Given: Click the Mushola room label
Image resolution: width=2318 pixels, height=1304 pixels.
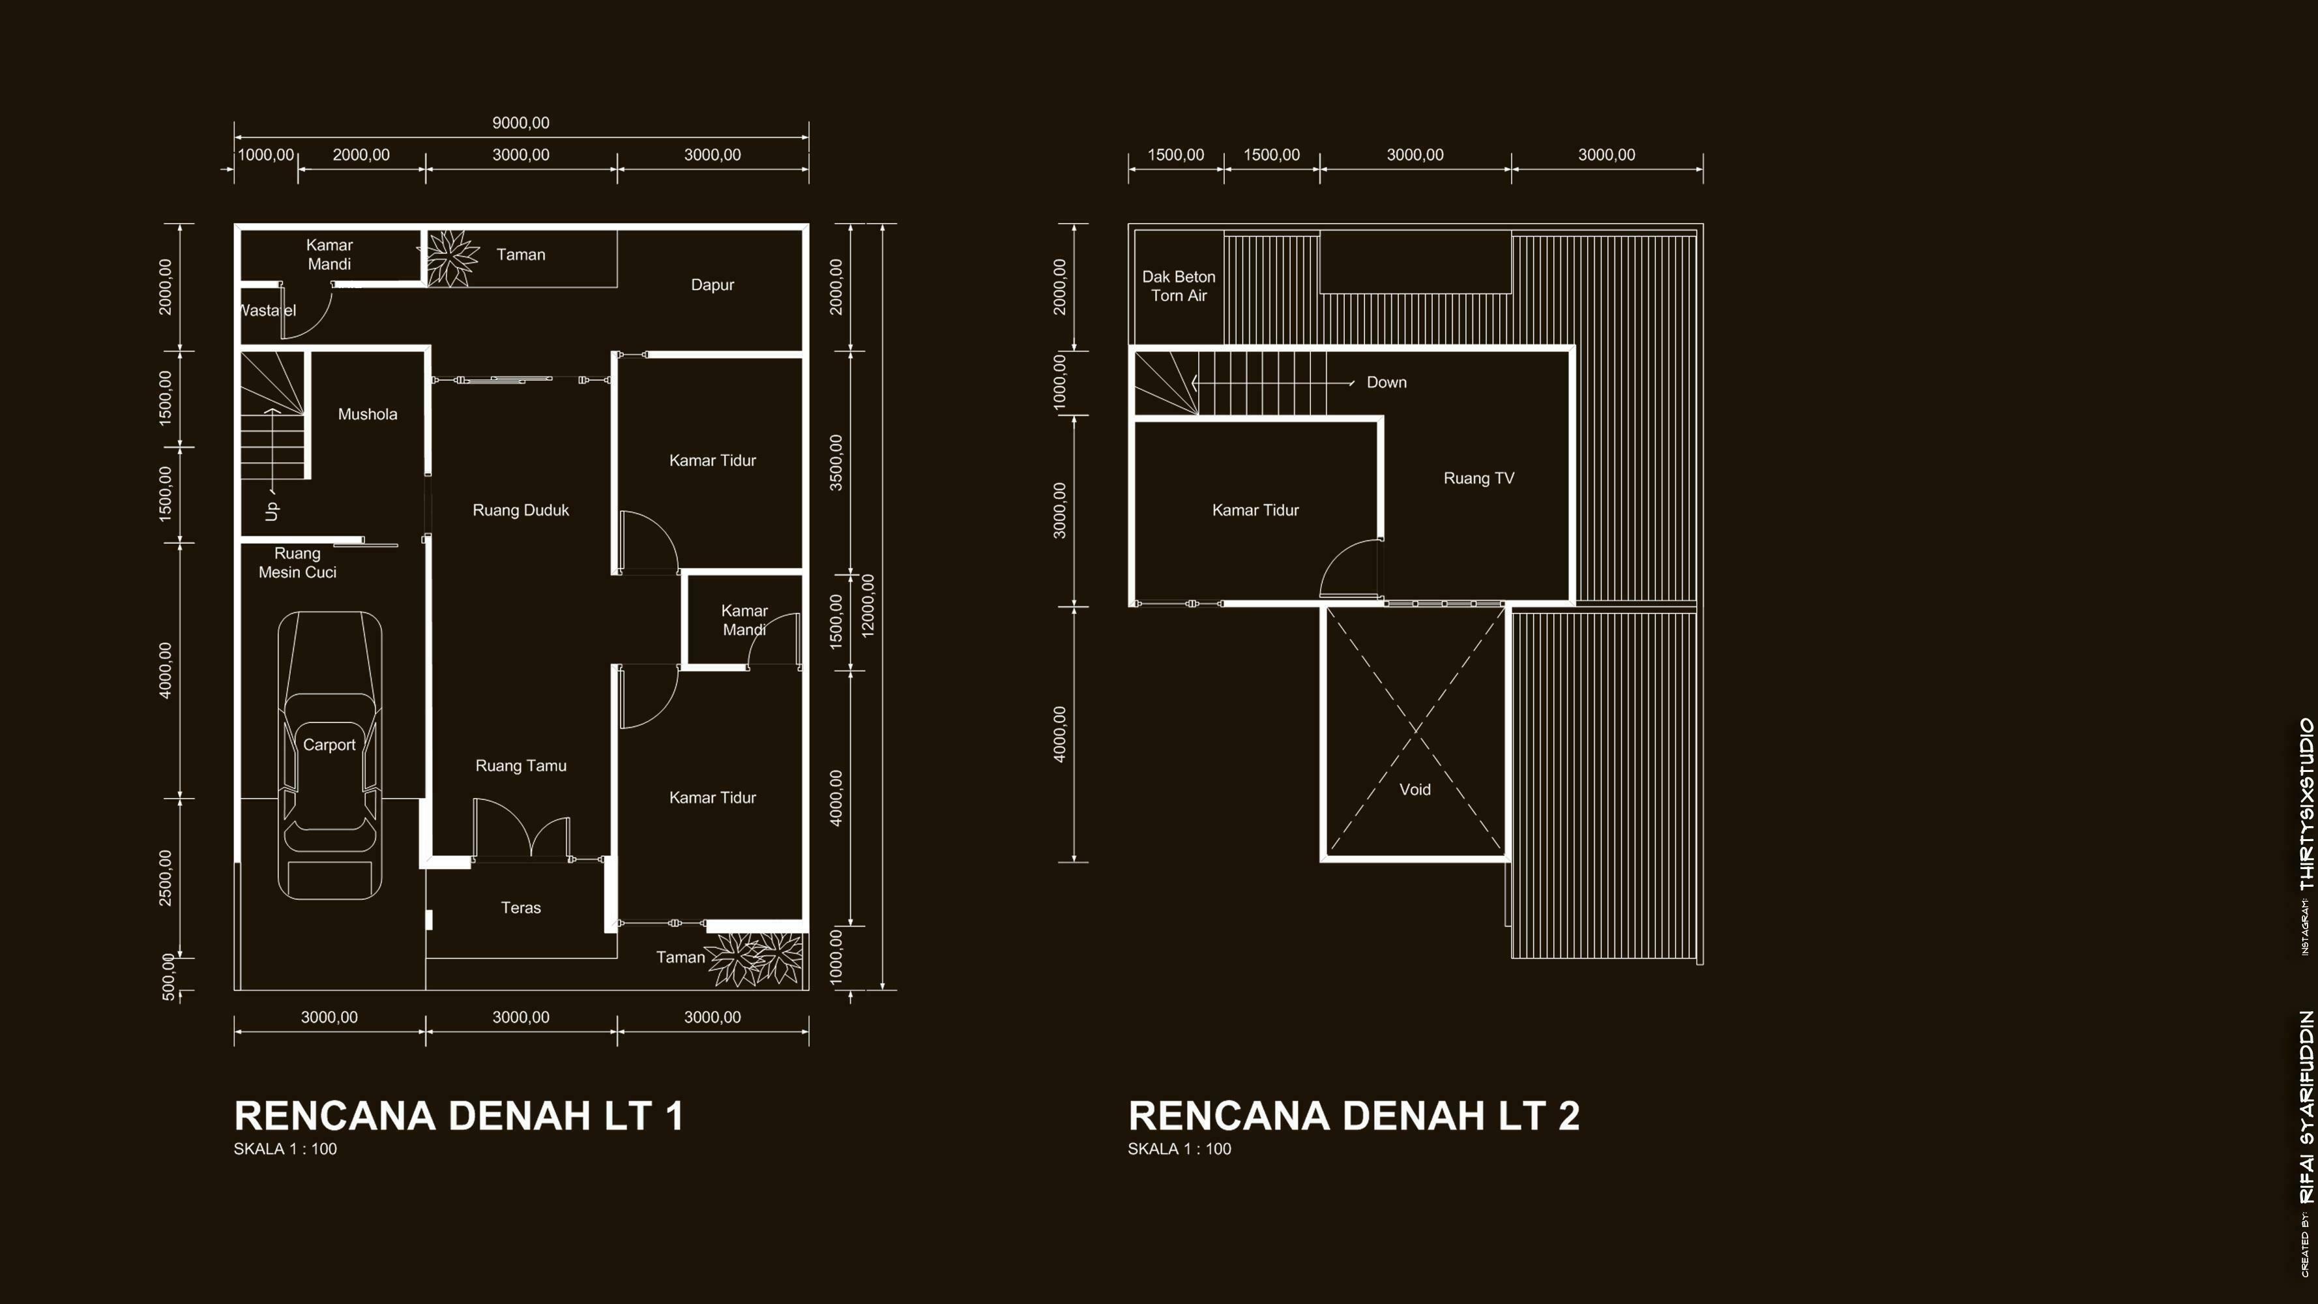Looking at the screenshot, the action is coord(367,414).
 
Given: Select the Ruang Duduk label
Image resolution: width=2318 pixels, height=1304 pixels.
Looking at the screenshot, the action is coord(521,511).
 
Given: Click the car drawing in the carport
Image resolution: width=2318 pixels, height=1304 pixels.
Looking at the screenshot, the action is coord(329,755).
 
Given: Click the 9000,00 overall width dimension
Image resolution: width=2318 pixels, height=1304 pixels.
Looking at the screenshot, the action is coord(521,123).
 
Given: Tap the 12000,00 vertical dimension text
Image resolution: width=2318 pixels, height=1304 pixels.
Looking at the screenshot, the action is coord(868,606).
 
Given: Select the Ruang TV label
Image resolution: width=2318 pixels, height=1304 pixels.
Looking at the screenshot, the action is coord(1478,479).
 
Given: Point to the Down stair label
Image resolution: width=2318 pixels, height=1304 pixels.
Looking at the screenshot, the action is coord(1386,383).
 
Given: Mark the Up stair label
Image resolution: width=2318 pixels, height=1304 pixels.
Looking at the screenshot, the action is coord(272,511).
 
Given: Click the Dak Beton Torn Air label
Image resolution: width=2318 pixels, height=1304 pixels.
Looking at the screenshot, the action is coord(1179,286).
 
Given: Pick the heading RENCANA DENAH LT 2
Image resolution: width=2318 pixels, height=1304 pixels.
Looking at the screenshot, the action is coord(1355,1116).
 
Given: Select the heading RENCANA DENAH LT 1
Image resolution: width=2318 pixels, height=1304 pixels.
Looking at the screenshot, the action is coord(459,1116).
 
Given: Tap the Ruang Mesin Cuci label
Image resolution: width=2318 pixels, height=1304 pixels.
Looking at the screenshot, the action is coord(298,563).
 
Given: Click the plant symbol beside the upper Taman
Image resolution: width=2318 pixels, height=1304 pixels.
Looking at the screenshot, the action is coord(451,258).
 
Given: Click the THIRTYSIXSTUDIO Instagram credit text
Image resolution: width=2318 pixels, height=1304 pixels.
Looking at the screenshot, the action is coord(2306,804).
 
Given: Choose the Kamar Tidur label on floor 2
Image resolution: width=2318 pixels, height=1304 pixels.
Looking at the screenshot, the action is coord(1255,511).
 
